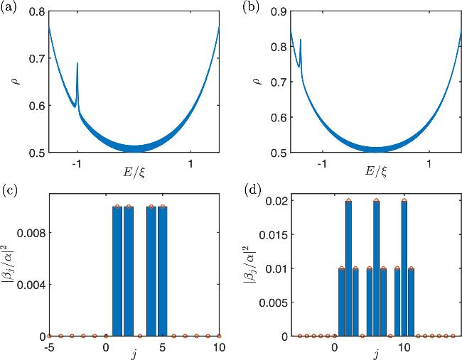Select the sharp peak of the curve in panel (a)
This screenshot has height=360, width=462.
[77, 64]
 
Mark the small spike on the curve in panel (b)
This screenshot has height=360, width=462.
[301, 40]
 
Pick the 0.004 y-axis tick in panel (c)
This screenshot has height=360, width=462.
[32, 284]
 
